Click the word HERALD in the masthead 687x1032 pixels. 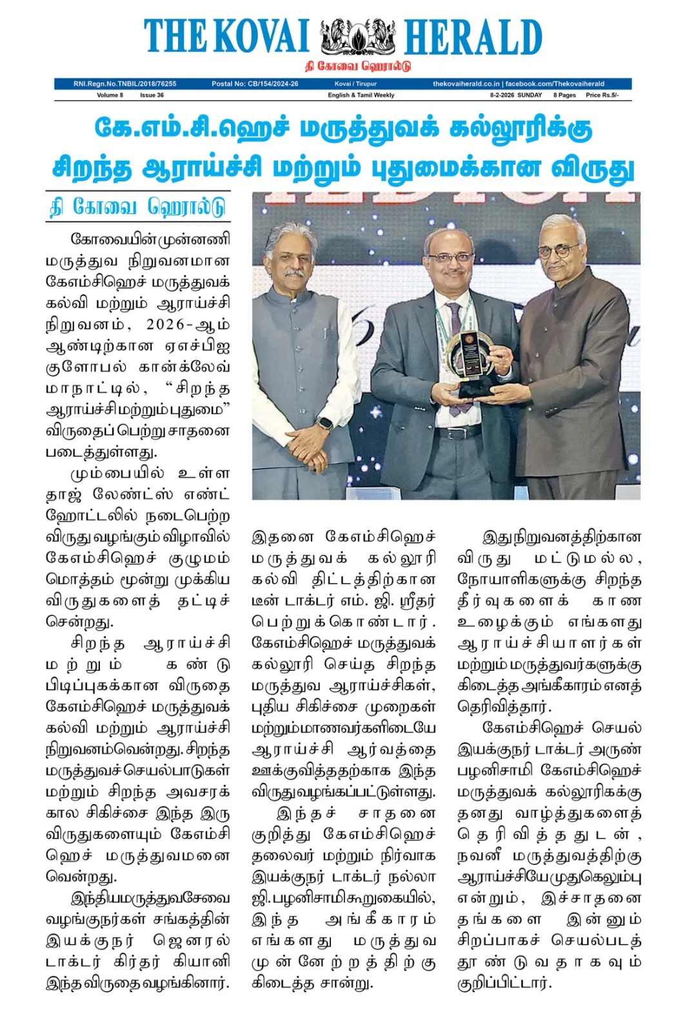pyautogui.click(x=472, y=37)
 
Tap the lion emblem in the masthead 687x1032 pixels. pyautogui.click(x=357, y=37)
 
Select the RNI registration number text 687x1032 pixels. pyautogui.click(x=124, y=84)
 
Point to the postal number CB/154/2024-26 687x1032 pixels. pyautogui.click(x=255, y=84)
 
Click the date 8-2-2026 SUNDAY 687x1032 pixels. pyautogui.click(x=515, y=95)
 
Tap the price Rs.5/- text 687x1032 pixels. pyautogui.click(x=601, y=95)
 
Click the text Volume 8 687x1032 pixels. pyautogui.click(x=110, y=95)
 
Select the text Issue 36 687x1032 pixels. pyautogui.click(x=152, y=95)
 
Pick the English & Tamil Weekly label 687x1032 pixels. pyautogui.click(x=361, y=95)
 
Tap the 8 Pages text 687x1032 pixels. pyautogui.click(x=564, y=95)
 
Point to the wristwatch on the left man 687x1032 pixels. pyautogui.click(x=325, y=424)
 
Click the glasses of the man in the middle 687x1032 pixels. pyautogui.click(x=452, y=258)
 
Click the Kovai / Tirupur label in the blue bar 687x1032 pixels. pyautogui.click(x=355, y=84)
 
